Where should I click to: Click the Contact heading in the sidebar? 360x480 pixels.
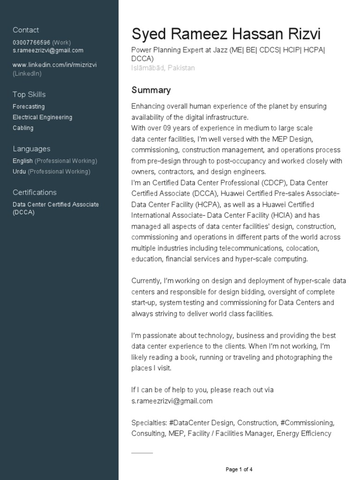[26, 30]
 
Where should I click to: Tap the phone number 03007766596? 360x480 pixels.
[31, 42]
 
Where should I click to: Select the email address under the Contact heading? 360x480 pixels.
[48, 50]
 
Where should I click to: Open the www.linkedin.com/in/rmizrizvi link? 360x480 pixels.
[54, 65]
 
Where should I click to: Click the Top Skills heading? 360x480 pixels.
[29, 94]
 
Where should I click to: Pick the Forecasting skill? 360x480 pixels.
[29, 106]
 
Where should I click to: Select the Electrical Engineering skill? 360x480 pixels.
[42, 117]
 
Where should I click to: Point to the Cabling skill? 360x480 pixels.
[23, 128]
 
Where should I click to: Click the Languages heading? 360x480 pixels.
[31, 149]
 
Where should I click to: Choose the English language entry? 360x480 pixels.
[22, 161]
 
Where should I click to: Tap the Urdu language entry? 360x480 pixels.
[19, 172]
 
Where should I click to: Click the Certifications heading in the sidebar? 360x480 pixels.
[34, 192]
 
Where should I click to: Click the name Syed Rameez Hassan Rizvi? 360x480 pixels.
[226, 34]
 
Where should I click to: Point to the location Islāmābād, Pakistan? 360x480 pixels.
[163, 68]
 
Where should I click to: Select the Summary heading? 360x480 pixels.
[151, 90]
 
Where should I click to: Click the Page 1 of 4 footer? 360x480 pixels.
[239, 469]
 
